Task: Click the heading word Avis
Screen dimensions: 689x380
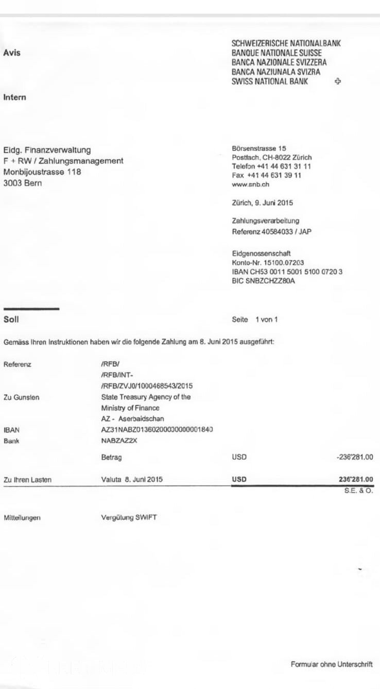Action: pos(12,53)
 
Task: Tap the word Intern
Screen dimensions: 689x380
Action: pos(14,97)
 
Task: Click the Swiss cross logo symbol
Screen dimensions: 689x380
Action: pos(338,81)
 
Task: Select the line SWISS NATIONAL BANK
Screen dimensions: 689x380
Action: pos(270,81)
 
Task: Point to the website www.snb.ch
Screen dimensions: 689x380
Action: pos(251,184)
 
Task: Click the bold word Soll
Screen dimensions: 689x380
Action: pos(11,320)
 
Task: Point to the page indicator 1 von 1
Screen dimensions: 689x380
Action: pos(266,320)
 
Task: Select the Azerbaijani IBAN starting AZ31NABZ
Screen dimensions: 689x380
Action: pos(157,429)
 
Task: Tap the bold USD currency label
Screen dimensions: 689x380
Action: pos(239,479)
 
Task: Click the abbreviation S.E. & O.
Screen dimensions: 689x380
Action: pos(359,491)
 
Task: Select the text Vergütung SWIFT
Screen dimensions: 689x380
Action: pos(129,517)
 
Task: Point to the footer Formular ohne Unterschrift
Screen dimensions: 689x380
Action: pos(331,664)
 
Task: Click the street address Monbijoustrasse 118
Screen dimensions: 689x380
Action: pos(42,172)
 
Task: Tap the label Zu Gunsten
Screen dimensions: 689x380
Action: pos(21,397)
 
